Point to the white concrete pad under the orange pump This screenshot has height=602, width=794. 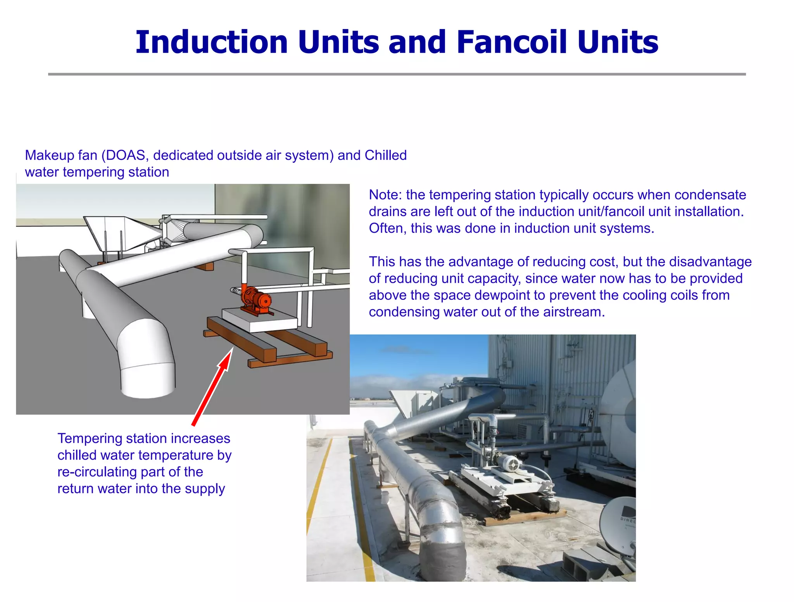259,319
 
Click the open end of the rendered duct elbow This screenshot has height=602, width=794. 147,382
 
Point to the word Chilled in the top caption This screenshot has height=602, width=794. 385,155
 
